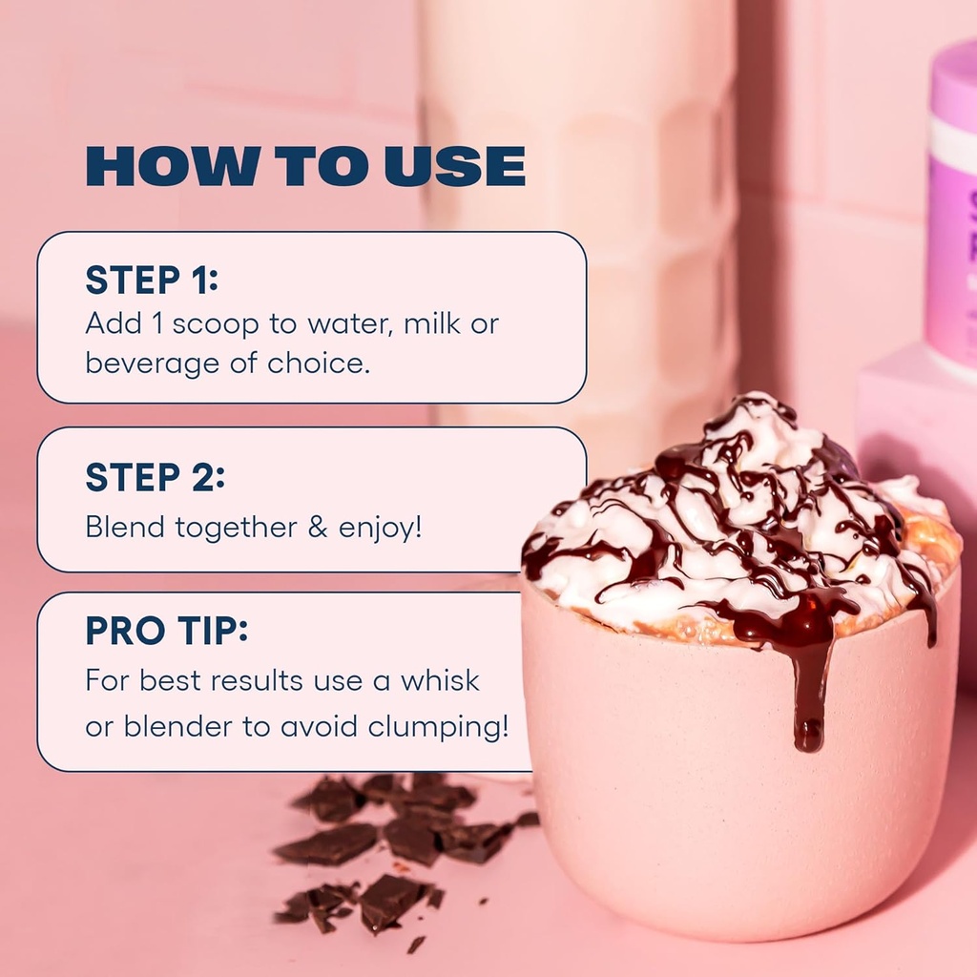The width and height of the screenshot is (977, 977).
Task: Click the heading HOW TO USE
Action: pyautogui.click(x=305, y=166)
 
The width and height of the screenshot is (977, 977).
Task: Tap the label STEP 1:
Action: pyautogui.click(x=152, y=280)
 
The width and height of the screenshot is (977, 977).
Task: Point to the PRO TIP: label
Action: pyautogui.click(x=166, y=631)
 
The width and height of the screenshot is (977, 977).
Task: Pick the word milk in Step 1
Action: pyautogui.click(x=433, y=323)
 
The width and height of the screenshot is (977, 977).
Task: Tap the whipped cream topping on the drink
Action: pyautogui.click(x=744, y=515)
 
